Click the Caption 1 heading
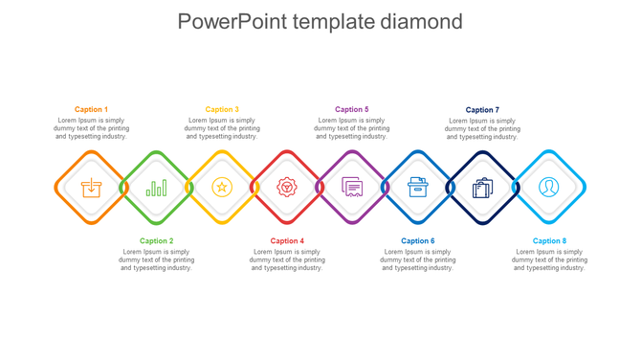91,110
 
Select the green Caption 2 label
156,241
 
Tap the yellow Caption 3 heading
222,110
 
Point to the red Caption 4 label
287,241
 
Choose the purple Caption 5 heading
352,110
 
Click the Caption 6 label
417,241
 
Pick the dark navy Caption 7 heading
482,110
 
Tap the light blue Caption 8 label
549,241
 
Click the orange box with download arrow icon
91,188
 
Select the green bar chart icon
156,188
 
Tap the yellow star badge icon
222,188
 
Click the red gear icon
287,188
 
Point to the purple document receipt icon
352,188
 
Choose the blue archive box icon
417,188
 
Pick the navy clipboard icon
483,188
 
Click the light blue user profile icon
549,188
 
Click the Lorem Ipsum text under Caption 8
549,260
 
